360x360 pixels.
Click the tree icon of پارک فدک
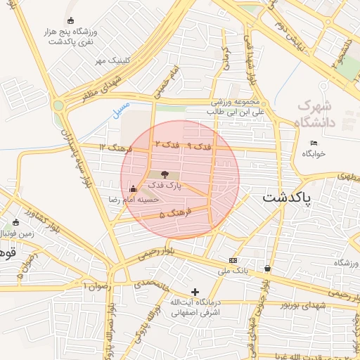pyautogui.click(x=164, y=174)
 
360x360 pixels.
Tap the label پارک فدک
pyautogui.click(x=164, y=186)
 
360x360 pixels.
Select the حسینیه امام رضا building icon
pyautogui.click(x=133, y=188)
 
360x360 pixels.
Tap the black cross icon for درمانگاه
pyautogui.click(x=195, y=292)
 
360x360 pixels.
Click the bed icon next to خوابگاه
pyautogui.click(x=314, y=143)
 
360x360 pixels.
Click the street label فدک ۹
pyautogui.click(x=200, y=146)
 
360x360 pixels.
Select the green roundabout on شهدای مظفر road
pyautogui.click(x=58, y=105)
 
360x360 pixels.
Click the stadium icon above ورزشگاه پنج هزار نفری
pyautogui.click(x=69, y=20)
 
